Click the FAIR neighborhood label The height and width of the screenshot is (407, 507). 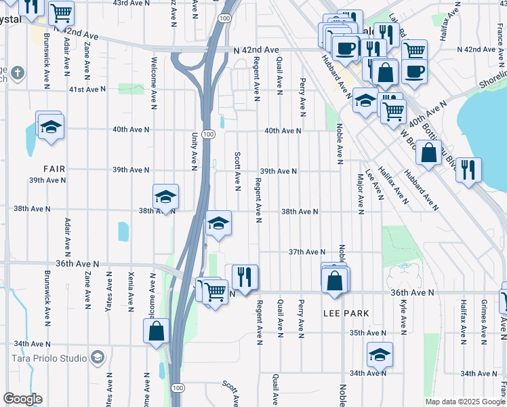point(54,168)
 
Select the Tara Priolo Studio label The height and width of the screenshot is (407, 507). point(49,358)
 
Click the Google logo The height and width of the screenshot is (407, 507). point(22,399)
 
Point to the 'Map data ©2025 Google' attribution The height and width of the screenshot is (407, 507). point(465,402)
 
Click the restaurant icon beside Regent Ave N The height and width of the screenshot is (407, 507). point(245,277)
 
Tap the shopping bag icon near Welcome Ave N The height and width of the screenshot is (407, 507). point(156,331)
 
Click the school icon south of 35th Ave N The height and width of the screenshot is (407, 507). point(380,354)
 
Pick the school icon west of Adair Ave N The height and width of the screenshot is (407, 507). point(50,126)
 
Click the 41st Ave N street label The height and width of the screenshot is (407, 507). point(87,90)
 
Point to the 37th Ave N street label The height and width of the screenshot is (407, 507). point(306,252)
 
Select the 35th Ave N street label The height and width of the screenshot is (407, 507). point(367,333)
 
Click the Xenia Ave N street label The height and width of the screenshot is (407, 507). point(130,289)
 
